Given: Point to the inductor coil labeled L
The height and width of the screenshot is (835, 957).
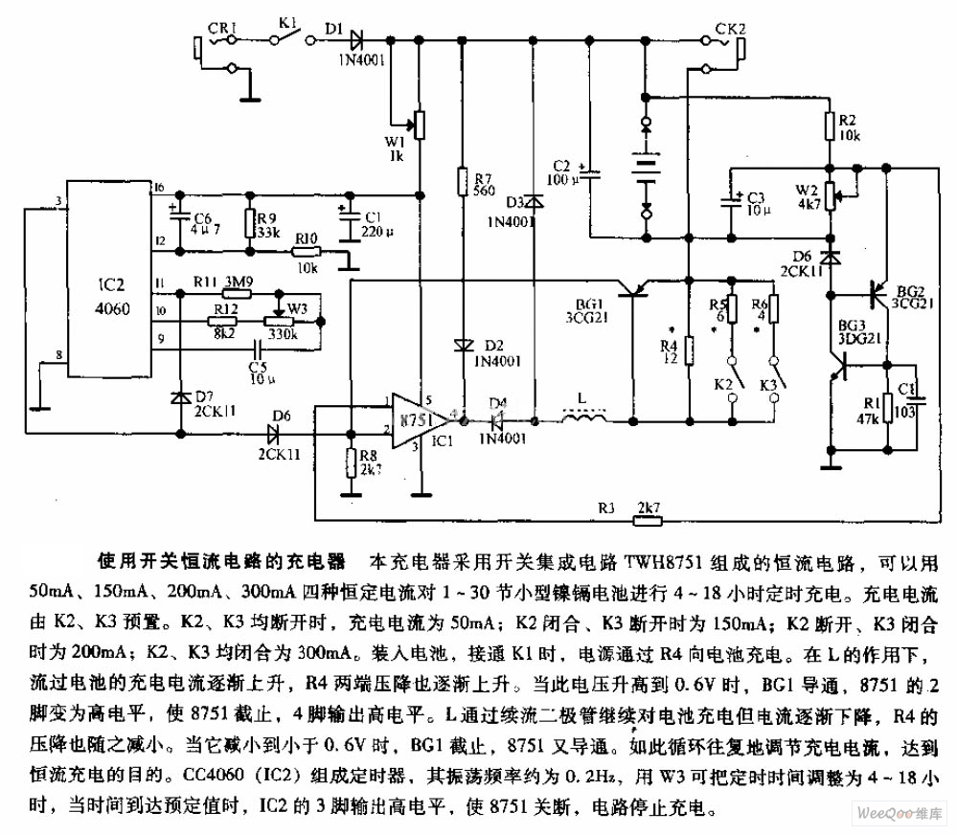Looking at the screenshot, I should tap(582, 418).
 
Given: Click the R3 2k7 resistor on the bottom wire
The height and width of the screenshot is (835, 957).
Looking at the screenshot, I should tap(648, 522).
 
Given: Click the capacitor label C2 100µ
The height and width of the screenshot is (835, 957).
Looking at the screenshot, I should tap(561, 171).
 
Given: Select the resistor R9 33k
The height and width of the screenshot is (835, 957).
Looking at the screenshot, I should tap(251, 223).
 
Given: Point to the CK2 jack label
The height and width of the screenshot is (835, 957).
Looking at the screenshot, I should tap(731, 29).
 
